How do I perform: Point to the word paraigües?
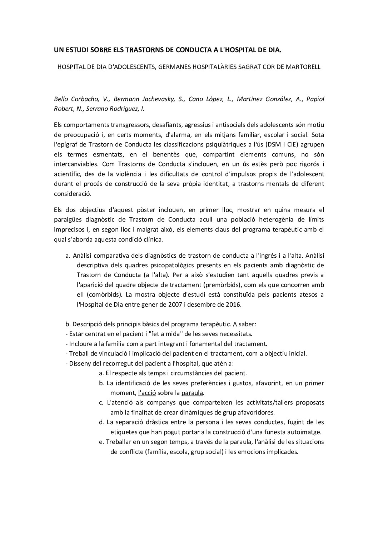click(69, 219)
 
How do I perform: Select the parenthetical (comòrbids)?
click(106, 295)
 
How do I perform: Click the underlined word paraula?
click(192, 393)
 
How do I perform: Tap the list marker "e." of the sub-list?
click(101, 442)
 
